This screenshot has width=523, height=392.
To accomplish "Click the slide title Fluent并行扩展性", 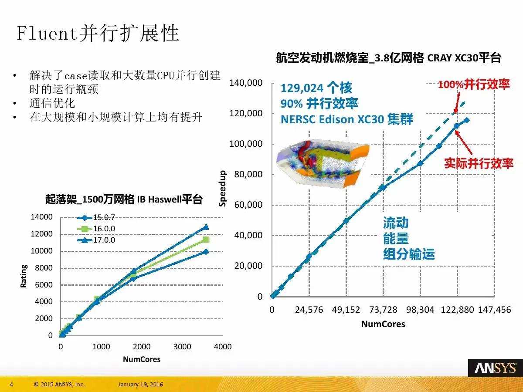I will (98, 33).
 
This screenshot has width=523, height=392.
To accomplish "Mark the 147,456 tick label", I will (494, 310).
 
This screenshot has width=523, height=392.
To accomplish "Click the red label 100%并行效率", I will (473, 84).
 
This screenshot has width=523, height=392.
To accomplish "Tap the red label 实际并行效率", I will (478, 163).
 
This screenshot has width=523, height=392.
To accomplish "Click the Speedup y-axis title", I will (223, 188).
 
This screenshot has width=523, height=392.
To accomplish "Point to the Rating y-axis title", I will (24, 276).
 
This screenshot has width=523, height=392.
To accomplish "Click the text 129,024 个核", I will (316, 88).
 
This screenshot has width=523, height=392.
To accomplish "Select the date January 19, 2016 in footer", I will (140, 385).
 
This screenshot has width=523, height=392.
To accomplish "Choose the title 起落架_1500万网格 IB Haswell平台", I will (124, 200).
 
